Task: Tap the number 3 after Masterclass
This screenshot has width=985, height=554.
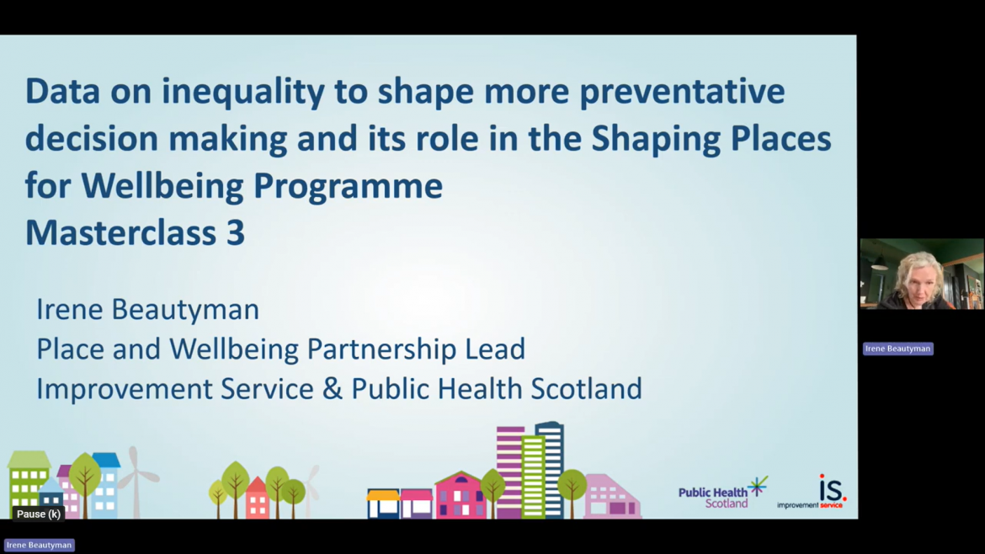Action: (236, 232)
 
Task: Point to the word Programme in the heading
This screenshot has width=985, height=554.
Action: (348, 187)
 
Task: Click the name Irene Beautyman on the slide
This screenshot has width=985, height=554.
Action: (147, 310)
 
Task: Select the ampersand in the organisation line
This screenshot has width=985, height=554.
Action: (333, 389)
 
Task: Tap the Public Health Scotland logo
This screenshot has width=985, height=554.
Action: (723, 493)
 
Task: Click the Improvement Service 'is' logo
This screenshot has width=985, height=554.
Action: (812, 491)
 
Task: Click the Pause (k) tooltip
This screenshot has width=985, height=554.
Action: (39, 514)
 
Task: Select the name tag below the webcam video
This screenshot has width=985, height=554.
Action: (897, 349)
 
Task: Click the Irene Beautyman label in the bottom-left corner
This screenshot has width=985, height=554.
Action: (39, 546)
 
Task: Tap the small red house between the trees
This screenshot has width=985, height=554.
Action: (256, 498)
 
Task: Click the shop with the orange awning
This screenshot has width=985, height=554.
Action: (383, 503)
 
